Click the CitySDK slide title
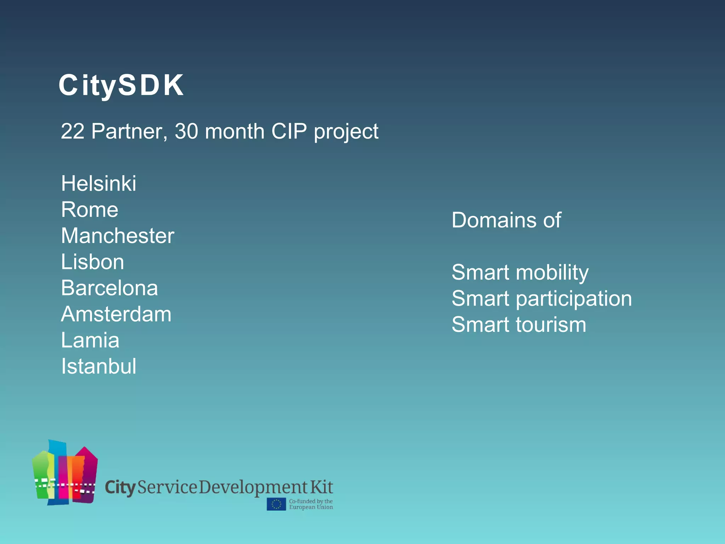click(121, 85)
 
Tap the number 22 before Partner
click(73, 131)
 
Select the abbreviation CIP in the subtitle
click(289, 131)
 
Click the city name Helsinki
click(98, 183)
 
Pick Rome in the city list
click(90, 210)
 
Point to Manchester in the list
click(118, 236)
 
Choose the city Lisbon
click(92, 262)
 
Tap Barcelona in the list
click(109, 288)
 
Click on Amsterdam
click(116, 314)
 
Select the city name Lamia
click(90, 340)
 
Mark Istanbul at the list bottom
click(98, 366)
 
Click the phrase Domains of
click(506, 220)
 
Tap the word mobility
click(552, 273)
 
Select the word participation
click(574, 299)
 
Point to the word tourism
click(551, 325)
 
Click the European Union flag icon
click(276, 504)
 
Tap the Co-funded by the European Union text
click(311, 504)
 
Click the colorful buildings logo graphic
click(65, 473)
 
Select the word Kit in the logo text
click(321, 487)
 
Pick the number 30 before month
click(186, 131)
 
